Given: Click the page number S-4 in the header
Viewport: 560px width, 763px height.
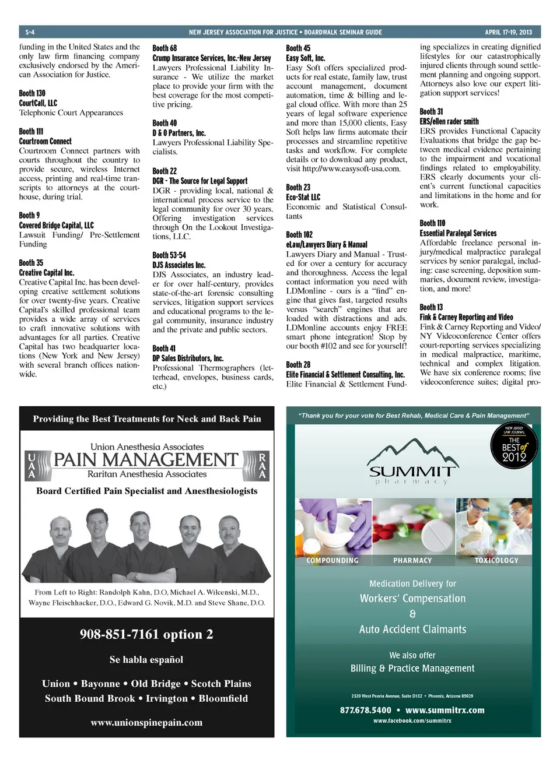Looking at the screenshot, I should [30, 32].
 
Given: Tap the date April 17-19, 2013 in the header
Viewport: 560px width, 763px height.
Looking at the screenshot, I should [508, 32].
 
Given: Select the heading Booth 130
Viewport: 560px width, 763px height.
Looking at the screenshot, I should [32, 93].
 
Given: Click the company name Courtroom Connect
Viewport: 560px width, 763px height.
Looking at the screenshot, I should [45, 141].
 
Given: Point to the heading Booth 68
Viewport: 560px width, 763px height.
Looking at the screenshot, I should [164, 48].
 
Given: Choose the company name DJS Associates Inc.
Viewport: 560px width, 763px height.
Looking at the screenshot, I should [179, 265].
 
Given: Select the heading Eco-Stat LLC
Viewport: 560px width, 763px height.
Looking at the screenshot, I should [303, 197].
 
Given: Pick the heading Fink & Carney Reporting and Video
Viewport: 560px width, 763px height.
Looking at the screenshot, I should [466, 317].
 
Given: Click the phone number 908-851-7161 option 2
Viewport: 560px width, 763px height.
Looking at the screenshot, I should [146, 634].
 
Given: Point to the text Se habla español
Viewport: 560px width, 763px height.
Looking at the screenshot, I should [146, 660].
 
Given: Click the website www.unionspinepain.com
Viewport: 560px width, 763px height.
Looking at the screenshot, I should [146, 723].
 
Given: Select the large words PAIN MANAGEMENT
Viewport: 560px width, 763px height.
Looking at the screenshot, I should [146, 460].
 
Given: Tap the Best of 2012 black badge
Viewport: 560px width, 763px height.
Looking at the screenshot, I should [514, 445].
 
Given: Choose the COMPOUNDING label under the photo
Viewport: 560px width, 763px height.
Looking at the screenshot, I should [332, 561].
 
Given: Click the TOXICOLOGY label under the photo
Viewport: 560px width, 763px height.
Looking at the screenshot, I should [496, 561].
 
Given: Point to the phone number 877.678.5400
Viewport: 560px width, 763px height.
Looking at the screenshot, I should [366, 710].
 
